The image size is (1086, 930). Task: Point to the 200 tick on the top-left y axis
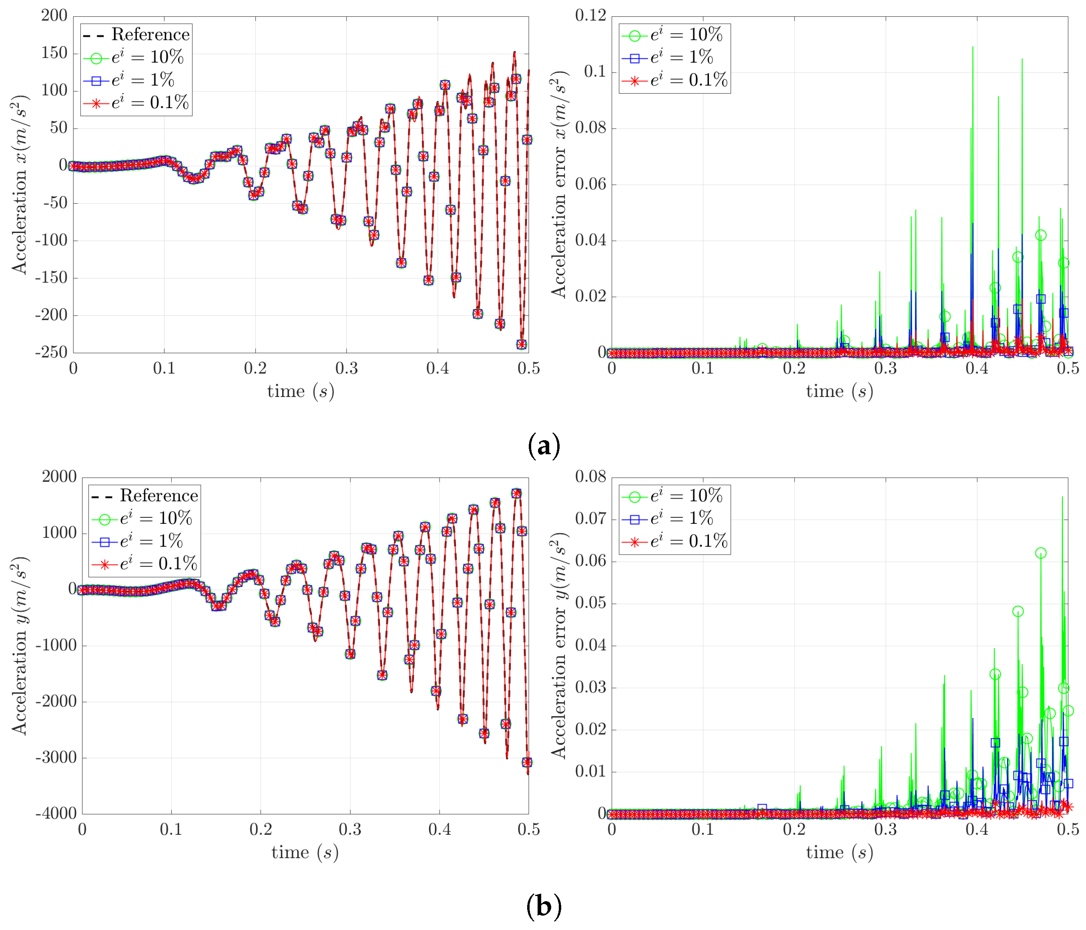click(54, 16)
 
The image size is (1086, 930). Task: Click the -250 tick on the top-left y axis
click(51, 353)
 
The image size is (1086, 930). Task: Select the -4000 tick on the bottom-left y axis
click(56, 814)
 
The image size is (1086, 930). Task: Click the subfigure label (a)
click(544, 445)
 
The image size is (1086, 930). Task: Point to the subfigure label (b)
click(544, 906)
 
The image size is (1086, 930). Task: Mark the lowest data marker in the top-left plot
click(522, 344)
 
